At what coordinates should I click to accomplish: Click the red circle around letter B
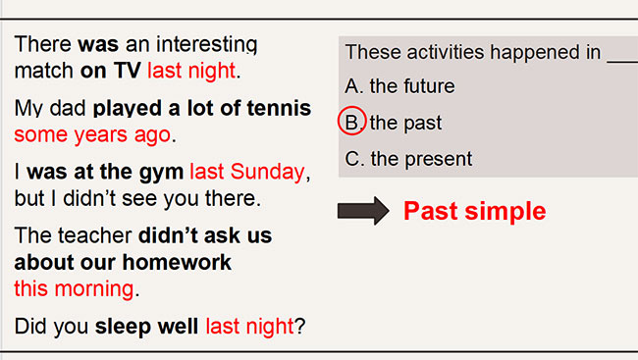352,123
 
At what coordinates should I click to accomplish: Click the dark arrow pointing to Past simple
362,211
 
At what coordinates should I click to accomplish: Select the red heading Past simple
474,211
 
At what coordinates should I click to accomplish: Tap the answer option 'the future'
412,86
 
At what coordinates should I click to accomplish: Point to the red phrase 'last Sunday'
247,173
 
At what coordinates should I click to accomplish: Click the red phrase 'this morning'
74,288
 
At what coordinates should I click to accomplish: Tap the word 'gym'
163,173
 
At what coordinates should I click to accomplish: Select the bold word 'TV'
128,71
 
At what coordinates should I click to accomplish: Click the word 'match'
43,71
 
